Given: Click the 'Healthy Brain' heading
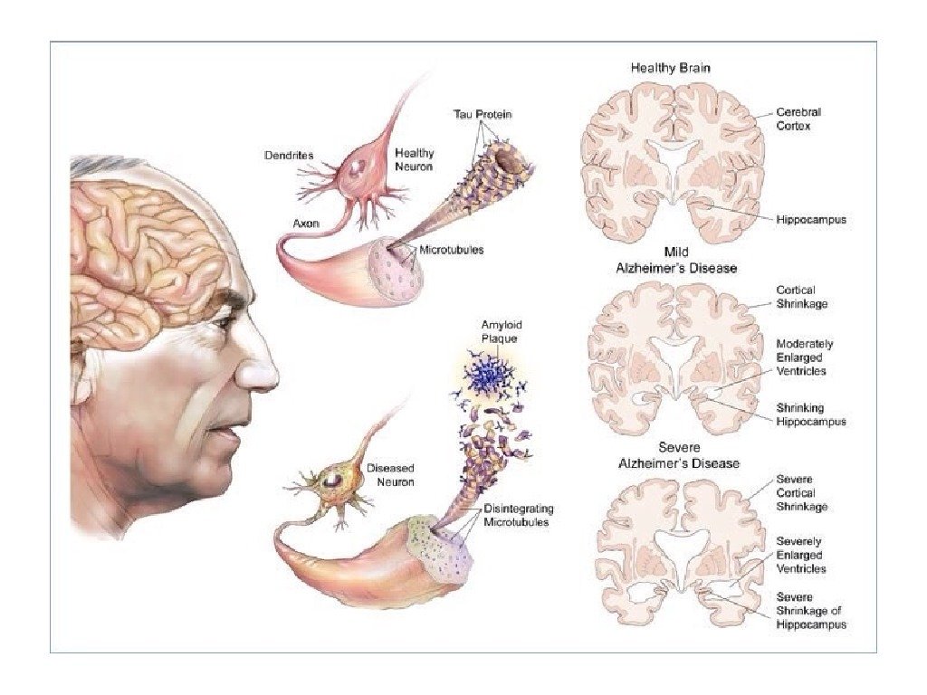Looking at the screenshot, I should pyautogui.click(x=671, y=68).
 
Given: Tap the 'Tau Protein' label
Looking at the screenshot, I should pyautogui.click(x=482, y=114).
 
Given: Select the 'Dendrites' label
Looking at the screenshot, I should pyautogui.click(x=289, y=156).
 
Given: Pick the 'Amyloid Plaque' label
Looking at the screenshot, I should pyautogui.click(x=502, y=330).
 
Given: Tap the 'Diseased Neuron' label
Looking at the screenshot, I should pyautogui.click(x=390, y=475).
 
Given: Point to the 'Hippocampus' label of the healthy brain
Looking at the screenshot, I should pyautogui.click(x=811, y=220).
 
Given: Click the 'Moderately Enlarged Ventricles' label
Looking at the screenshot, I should pyautogui.click(x=805, y=357).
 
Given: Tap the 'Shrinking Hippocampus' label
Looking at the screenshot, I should pyautogui.click(x=811, y=414).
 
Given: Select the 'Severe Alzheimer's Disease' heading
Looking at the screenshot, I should pyautogui.click(x=678, y=455).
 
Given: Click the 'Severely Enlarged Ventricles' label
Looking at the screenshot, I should pyautogui.click(x=800, y=555).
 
